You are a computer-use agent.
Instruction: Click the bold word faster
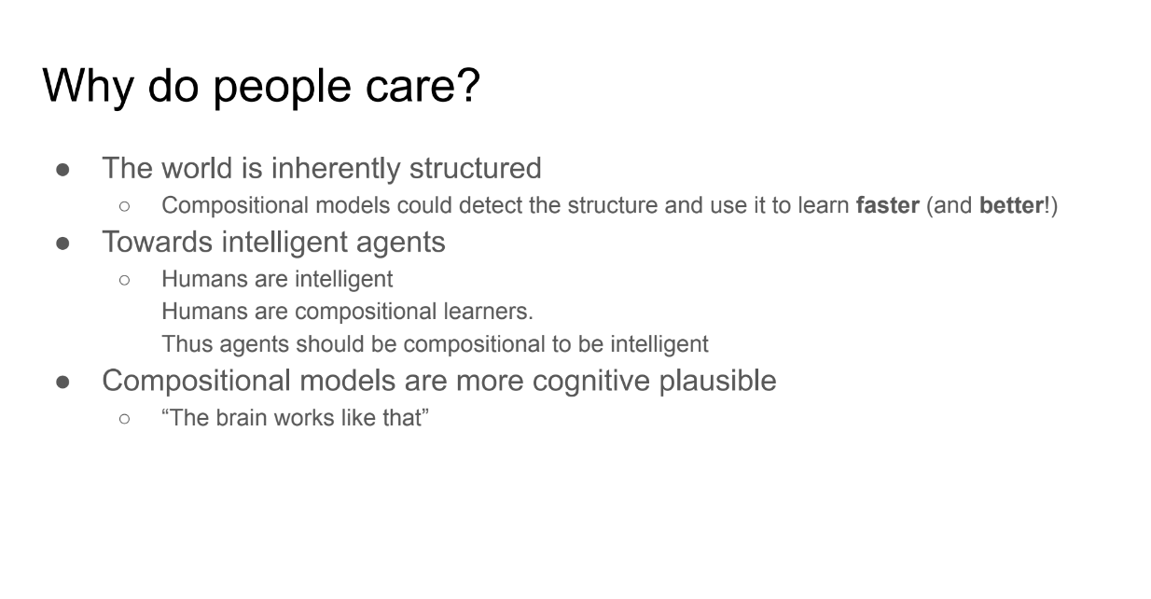pos(887,205)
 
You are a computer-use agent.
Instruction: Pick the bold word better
pos(1012,205)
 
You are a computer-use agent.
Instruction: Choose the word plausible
pos(718,381)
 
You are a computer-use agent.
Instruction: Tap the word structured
pos(476,168)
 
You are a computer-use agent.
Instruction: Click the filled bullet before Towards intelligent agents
pos(62,244)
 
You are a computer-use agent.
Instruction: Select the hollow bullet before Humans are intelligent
pos(124,280)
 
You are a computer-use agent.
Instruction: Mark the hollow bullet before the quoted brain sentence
pos(124,419)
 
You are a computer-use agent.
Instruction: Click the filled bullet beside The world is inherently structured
pos(62,170)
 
